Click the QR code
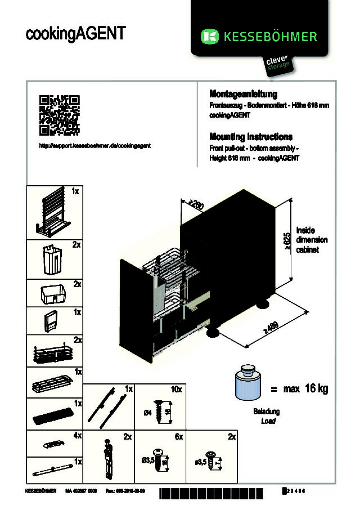(60, 115)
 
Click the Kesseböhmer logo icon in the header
(210, 37)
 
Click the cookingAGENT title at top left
(75, 33)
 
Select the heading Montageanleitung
(243, 93)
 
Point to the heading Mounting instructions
(251, 137)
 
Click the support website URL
(94, 145)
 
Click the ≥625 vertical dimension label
(286, 240)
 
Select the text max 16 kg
(306, 389)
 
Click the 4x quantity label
(77, 436)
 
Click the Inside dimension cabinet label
(312, 240)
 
